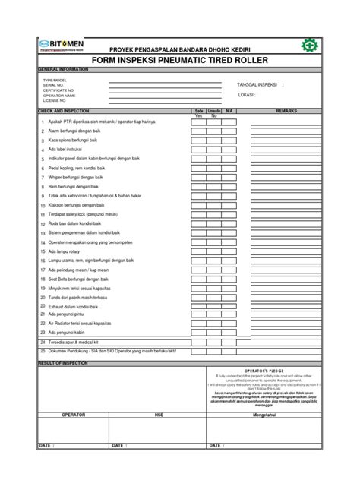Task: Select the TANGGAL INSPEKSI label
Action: coord(257,85)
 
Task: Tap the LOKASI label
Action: coord(245,96)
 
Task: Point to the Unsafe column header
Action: coord(214,111)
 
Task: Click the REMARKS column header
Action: coord(286,111)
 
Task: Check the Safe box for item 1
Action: coord(198,122)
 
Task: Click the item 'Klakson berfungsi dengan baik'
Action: coord(77,205)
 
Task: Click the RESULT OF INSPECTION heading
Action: coord(64,362)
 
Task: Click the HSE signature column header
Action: coord(159,415)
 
